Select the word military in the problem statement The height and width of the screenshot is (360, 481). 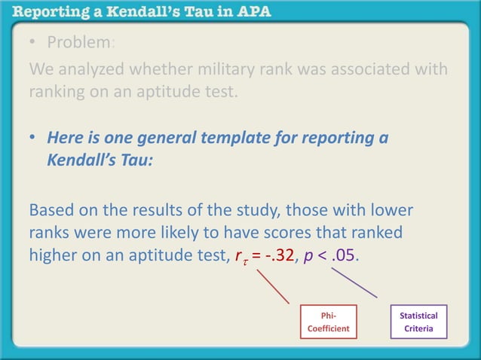coord(216,70)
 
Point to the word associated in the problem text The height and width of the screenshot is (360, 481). coord(363,70)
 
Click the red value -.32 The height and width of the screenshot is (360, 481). coord(293,255)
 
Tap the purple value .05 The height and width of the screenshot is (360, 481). coord(345,255)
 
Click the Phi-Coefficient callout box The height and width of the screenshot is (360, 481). coord(329,322)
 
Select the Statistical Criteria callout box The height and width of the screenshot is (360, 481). coord(418,322)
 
